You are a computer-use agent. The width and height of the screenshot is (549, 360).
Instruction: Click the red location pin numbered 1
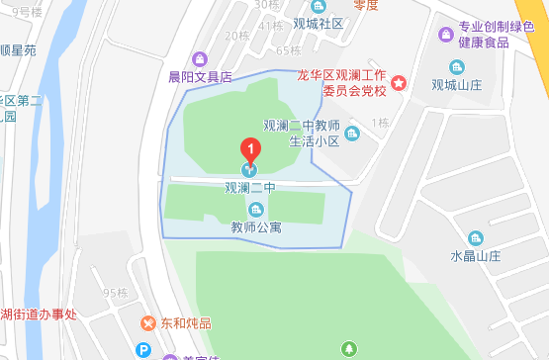250,150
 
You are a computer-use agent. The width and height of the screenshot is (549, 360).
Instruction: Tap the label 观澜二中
249,187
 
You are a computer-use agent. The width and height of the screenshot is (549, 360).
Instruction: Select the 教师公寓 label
256,226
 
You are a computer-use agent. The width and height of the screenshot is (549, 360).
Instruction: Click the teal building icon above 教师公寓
256,209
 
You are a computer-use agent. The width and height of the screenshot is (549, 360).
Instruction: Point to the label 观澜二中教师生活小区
302,134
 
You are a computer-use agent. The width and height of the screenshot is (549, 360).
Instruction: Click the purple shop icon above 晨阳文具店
200,58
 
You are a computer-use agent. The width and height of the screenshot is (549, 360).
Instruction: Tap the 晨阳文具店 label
200,75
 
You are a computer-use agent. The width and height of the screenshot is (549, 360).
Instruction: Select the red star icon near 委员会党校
398,83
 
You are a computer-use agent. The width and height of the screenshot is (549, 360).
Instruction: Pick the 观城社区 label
318,23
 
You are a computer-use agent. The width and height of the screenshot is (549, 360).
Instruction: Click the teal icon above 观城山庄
456,67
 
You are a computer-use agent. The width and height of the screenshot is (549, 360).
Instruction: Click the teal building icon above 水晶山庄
476,237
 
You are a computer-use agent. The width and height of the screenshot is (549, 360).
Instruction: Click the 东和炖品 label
187,322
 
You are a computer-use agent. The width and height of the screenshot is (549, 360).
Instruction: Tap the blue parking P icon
144,350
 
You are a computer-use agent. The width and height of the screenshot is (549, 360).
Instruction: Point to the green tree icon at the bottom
348,348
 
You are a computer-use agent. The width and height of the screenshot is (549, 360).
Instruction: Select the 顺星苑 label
18,49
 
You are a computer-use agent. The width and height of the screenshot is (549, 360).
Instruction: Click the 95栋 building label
116,293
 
